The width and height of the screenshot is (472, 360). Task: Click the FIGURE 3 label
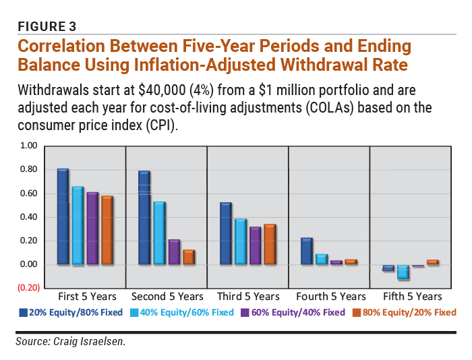(x=46, y=26)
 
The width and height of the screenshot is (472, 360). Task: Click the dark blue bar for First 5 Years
(x=63, y=216)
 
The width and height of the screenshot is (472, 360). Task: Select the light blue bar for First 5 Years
(x=78, y=225)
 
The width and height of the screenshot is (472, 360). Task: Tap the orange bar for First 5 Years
(x=107, y=230)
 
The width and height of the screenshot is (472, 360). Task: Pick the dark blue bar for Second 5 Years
(x=144, y=218)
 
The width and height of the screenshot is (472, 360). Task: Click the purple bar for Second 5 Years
(x=173, y=251)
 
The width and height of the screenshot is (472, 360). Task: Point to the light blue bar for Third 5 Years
(x=240, y=241)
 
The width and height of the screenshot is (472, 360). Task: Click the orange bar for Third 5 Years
(x=270, y=244)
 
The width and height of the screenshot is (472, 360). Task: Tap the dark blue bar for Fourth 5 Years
(x=306, y=251)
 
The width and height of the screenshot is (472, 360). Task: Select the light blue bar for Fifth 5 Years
(x=403, y=272)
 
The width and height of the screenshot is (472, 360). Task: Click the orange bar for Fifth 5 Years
(x=432, y=262)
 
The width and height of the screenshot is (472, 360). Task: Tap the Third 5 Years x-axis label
(x=247, y=297)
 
